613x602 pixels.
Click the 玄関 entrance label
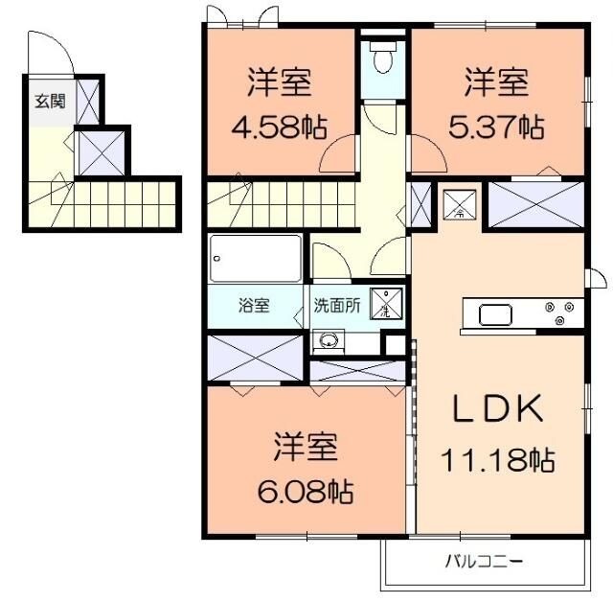50,102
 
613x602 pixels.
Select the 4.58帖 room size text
280,127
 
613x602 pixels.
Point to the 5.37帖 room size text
496,127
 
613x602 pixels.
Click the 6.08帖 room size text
306,492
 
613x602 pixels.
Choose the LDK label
498,408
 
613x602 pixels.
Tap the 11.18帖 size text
498,460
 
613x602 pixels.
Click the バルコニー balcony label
484,563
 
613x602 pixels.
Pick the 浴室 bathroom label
254,305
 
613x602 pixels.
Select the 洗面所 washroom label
337,306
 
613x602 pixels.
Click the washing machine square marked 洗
386,304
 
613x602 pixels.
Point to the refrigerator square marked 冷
460,205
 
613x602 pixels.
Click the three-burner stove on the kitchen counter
560,313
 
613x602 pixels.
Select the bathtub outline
256,258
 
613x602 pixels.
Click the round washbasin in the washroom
329,339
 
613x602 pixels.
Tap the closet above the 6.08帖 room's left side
255,358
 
